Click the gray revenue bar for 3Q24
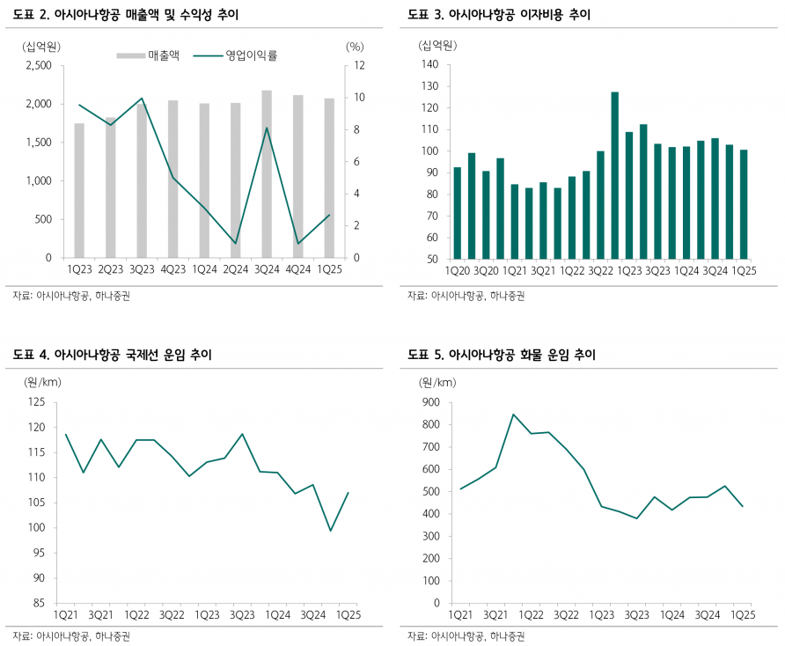(267, 174)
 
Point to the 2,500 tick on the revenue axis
(40, 66)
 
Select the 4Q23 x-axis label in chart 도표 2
(172, 270)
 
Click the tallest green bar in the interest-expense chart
(614, 175)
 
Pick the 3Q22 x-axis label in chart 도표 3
(599, 271)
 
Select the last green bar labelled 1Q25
(744, 204)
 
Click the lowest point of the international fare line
(331, 530)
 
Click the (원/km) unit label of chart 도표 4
(43, 382)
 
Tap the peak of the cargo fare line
(514, 415)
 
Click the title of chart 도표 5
(502, 355)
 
